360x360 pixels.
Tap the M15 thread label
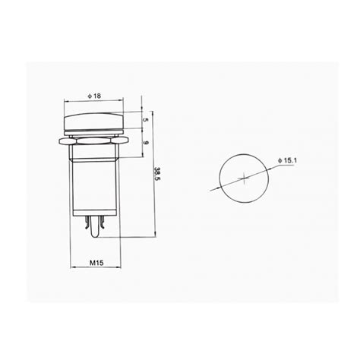tap(95, 264)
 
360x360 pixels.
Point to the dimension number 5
tap(145, 120)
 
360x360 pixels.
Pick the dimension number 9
tap(145, 141)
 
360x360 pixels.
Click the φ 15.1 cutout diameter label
tap(291, 159)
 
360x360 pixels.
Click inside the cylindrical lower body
tap(95, 186)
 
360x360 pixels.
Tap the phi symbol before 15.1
tap(280, 159)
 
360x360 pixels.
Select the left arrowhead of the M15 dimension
tap(71, 269)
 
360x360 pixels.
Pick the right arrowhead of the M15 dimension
tap(118, 269)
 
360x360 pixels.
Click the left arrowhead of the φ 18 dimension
tap(68, 101)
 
